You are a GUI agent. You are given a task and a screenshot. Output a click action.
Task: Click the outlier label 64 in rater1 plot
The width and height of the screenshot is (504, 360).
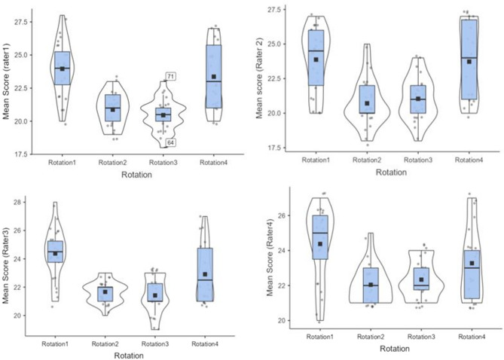[171, 142]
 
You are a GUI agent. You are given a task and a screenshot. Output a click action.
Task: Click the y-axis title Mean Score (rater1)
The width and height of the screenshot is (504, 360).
[8, 84]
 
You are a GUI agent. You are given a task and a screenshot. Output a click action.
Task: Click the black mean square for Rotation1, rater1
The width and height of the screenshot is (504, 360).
[63, 69]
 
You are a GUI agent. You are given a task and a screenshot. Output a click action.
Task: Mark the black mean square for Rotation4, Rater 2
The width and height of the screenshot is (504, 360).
[469, 62]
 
